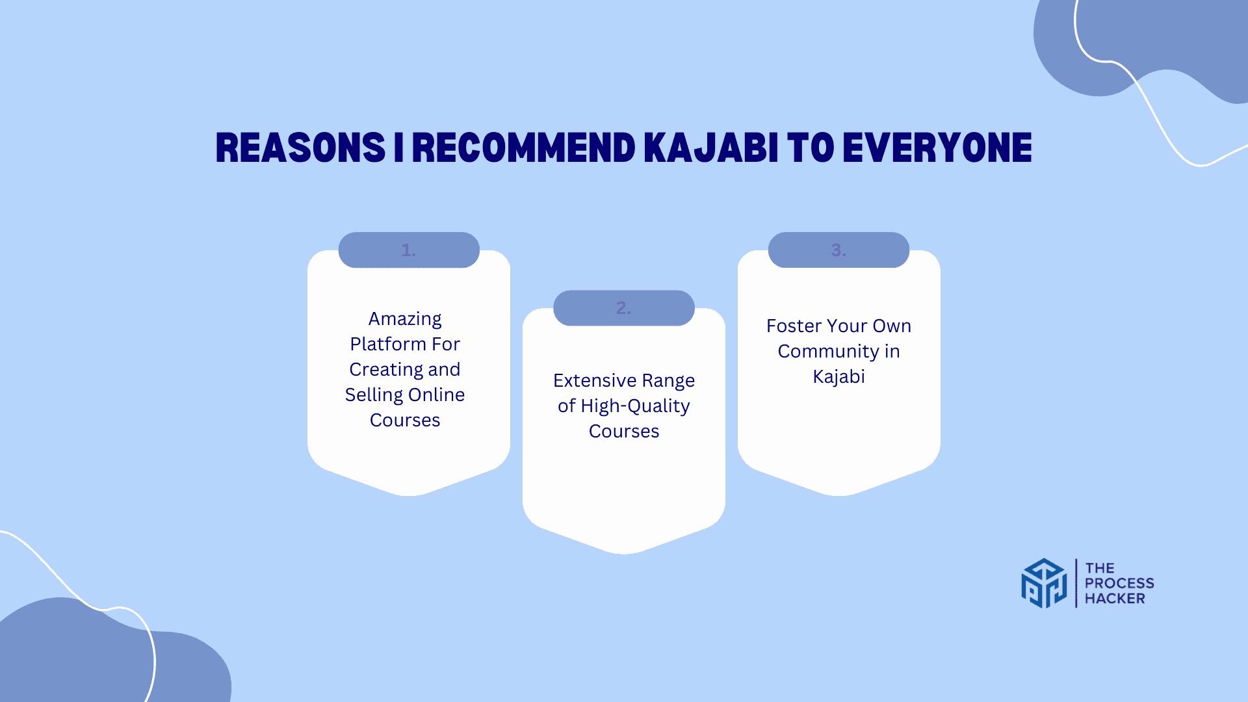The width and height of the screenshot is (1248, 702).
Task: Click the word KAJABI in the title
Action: click(711, 148)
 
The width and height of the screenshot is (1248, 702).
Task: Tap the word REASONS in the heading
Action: click(301, 148)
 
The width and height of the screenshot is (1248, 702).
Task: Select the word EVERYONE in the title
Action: click(937, 148)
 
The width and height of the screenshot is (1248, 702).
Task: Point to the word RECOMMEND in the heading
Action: click(524, 148)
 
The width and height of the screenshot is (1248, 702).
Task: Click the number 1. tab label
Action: click(409, 250)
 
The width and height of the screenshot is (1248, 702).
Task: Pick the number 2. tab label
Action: click(624, 308)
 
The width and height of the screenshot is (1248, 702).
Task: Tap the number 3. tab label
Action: click(838, 250)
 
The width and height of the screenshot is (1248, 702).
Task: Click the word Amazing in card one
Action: click(405, 319)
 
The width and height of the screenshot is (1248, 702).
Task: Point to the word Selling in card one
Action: click(374, 395)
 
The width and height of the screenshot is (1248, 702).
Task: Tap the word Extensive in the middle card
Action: click(595, 380)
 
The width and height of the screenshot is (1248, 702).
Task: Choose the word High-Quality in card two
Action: click(635, 406)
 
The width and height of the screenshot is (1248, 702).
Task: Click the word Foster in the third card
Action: click(794, 326)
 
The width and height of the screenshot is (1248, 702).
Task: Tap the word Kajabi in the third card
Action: click(838, 377)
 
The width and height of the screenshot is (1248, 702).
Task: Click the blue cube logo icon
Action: click(1044, 583)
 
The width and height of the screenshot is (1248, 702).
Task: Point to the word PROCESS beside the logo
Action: click(1119, 583)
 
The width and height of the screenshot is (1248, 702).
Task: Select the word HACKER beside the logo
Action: click(1115, 599)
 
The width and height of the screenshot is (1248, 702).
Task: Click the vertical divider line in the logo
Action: click(1076, 583)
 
